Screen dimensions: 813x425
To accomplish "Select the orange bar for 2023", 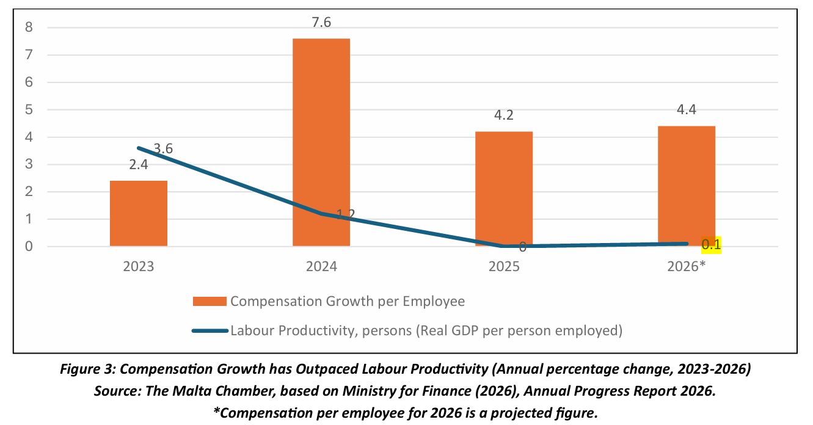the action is pos(139,213).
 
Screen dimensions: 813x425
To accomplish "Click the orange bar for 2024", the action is pos(321,142).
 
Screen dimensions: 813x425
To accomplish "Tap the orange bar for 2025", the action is pos(504,189).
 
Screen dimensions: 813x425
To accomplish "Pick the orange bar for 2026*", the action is pos(687,186).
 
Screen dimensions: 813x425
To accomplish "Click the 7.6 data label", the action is pos(321,22).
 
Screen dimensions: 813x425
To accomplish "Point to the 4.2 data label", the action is pos(504,115).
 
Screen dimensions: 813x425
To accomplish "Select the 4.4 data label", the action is pos(687,109).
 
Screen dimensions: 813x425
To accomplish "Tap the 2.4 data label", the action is pos(139,165).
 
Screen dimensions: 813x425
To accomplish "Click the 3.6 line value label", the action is pos(163,148).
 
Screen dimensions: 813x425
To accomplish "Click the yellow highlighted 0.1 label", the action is pos(711,245).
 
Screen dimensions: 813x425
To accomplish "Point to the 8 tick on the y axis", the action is pos(29,27).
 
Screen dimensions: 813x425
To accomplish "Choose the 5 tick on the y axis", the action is pos(29,109).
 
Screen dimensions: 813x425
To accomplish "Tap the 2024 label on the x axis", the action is pos(321,267).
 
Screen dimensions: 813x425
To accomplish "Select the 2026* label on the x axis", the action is pos(687,266).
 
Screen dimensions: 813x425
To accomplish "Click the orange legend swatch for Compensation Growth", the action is pos(210,301).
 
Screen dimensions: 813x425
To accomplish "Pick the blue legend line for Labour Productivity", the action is pos(210,330).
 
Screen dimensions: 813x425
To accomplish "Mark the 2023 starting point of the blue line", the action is pos(139,148).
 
